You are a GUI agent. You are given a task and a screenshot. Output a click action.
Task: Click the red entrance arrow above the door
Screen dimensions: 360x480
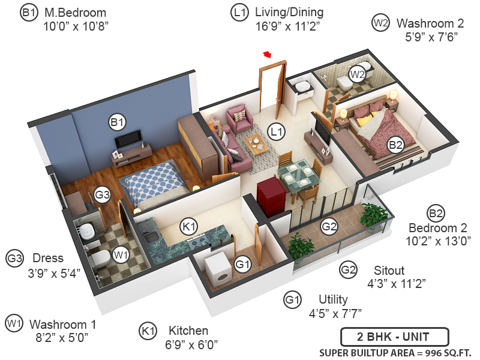pos(267,55)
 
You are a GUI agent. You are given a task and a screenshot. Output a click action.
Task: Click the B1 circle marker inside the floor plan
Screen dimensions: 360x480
pos(117,122)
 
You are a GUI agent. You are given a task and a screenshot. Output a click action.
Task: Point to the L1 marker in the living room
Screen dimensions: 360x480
pos(276,131)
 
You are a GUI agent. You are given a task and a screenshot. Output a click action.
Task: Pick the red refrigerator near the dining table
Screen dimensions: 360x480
pos(269,196)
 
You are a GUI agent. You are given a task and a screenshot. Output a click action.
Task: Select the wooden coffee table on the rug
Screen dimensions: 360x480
pos(256,144)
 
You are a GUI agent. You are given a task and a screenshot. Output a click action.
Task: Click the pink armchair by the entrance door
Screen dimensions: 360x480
pos(239,118)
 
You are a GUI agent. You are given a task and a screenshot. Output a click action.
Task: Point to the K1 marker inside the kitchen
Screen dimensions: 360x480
pos(189,227)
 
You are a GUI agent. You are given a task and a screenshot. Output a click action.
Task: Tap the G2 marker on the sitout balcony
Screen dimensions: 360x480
pos(329,227)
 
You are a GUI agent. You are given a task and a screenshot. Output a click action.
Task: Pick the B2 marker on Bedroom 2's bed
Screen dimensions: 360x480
pos(395,144)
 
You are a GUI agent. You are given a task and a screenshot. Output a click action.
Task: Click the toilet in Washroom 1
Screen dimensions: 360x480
pos(101,259)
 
